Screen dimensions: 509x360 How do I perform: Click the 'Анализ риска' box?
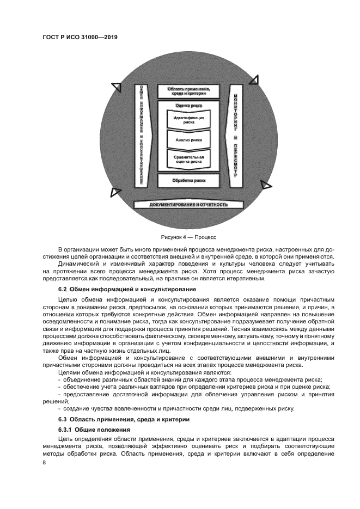[x=188, y=140]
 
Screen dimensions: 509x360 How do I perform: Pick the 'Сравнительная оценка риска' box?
[x=188, y=159]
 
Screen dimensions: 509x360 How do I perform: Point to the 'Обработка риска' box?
[x=188, y=180]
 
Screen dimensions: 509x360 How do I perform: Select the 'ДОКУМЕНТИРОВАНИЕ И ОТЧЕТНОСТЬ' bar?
[x=189, y=205]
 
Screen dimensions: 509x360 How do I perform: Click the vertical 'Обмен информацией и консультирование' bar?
[x=142, y=136]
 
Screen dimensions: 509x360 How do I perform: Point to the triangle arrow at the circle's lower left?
[x=115, y=191]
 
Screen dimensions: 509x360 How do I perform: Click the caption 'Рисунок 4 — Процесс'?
[x=188, y=237]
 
